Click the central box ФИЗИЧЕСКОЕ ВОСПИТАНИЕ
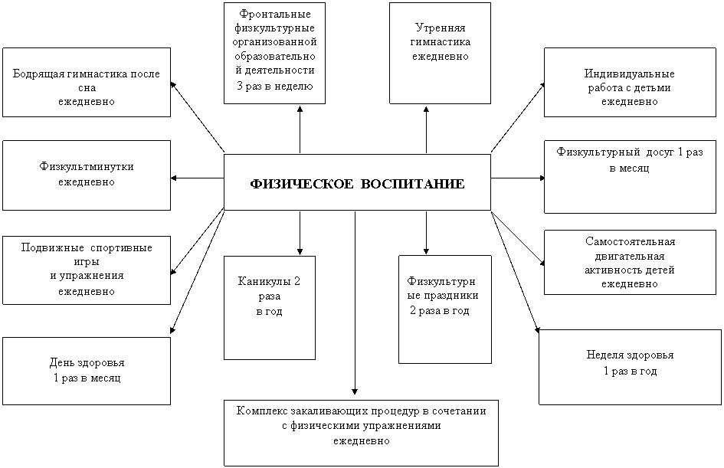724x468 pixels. point(357,182)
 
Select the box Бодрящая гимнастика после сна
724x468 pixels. point(87,82)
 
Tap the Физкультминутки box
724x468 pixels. point(87,175)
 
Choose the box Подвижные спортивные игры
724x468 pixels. point(87,270)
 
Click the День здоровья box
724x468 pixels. point(87,371)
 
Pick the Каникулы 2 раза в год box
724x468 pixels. point(270,308)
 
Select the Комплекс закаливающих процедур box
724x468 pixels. point(361,433)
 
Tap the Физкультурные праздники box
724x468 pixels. point(444,309)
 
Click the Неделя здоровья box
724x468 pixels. point(630,368)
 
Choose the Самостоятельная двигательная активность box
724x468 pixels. point(630,262)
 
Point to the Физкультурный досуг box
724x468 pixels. point(630,177)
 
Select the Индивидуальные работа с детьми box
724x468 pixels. point(630,82)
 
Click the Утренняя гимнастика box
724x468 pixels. point(440,53)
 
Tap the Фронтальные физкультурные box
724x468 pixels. point(275,53)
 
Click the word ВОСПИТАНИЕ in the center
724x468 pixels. point(412,184)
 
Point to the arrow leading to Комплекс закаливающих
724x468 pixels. point(355,303)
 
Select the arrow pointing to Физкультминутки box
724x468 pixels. point(198,178)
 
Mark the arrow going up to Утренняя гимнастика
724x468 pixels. point(426,129)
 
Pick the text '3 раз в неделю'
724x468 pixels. point(275,86)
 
